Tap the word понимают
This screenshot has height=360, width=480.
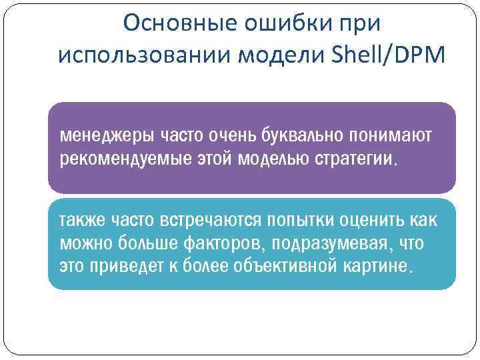point(394,137)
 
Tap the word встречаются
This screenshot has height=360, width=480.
point(209,221)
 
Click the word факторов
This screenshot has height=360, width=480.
point(223,244)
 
